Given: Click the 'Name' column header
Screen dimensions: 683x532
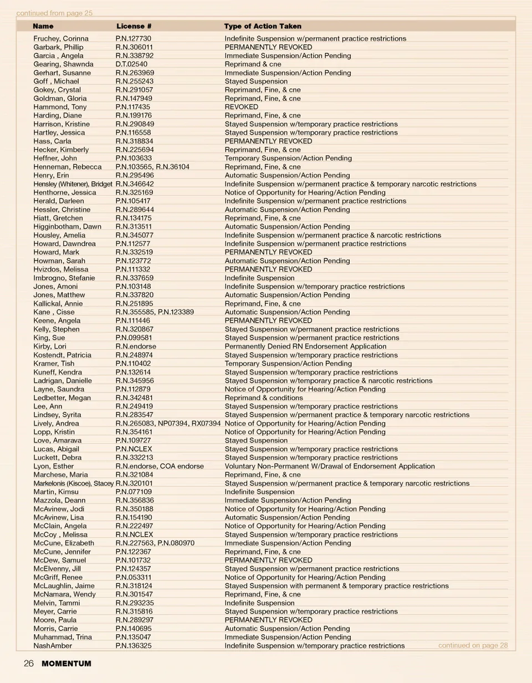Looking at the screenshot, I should [43, 26].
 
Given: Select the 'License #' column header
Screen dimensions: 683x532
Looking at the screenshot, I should [134, 26].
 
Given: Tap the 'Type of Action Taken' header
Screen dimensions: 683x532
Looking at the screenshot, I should [263, 26].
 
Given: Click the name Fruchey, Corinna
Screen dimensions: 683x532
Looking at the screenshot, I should [61, 39].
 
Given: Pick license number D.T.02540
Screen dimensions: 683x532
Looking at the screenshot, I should [132, 64].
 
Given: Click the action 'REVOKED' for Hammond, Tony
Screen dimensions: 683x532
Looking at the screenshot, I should [241, 107].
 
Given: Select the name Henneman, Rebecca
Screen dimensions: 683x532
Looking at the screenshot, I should [68, 167].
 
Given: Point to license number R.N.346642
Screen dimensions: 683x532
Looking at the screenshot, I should [135, 184].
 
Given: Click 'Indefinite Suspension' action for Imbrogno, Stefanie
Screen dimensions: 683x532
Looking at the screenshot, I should [259, 278].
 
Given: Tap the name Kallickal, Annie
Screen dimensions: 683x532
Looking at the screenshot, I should [58, 304].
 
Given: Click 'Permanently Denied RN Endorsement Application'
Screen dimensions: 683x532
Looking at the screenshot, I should [305, 346].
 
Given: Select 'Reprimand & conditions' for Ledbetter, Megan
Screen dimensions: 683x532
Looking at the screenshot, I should [263, 398].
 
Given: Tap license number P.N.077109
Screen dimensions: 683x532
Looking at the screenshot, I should [134, 492].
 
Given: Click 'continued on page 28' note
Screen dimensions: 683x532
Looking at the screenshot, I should [473, 645].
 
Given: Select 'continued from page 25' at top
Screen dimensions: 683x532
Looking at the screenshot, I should [54, 13].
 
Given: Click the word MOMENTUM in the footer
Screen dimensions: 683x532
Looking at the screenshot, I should [66, 664].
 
